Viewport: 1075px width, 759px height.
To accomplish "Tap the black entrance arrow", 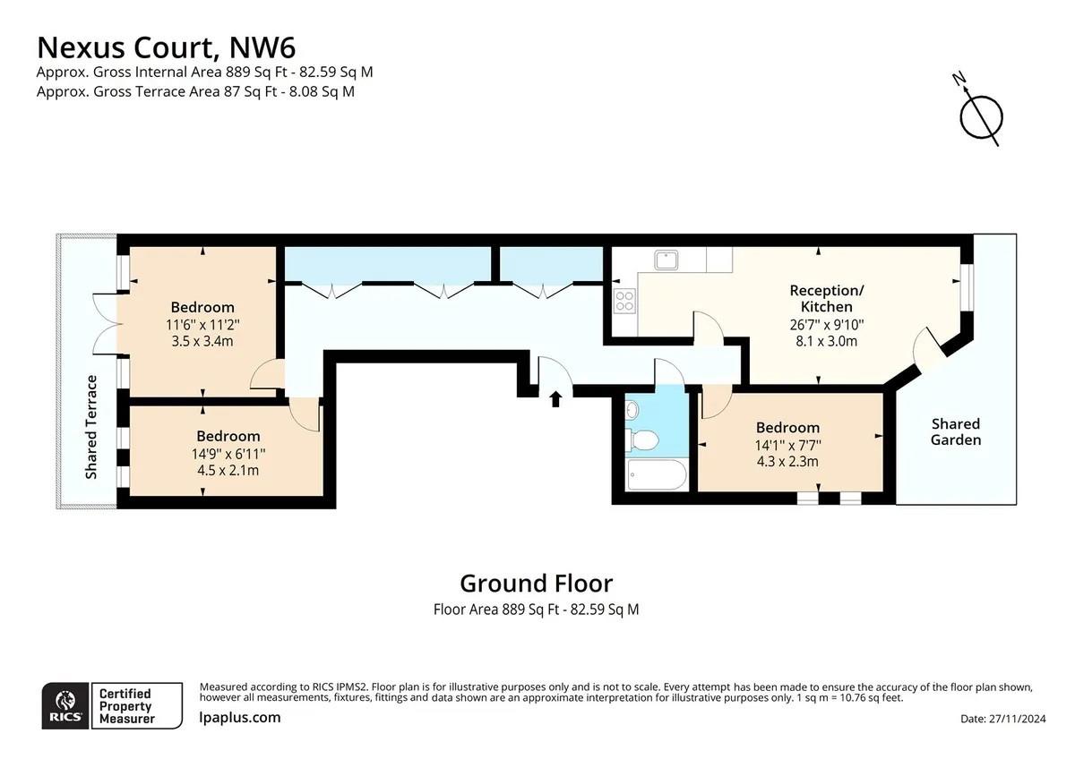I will coord(555,398).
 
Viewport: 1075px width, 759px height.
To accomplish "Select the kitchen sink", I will coord(667,260).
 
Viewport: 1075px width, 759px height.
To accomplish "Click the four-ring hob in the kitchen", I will coord(624,301).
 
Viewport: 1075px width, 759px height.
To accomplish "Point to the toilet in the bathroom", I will coord(642,439).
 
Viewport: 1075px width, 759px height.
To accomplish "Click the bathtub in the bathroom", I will coord(656,475).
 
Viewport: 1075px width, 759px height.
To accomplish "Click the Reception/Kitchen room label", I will coord(826,299).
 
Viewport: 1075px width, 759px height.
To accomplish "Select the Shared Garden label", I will coord(955,431).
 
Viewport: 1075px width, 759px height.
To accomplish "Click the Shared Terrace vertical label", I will coord(90,427).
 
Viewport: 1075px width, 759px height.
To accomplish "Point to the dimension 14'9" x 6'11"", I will coord(228,453).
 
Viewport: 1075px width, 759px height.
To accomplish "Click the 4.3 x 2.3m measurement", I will coord(787,462).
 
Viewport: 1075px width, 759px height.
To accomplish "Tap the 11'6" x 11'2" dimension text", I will coord(202,324).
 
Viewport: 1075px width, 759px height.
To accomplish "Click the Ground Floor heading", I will coord(536,584).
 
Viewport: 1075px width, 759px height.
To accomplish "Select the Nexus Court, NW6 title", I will coord(165,46).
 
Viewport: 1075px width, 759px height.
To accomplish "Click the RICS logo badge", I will coord(65,706).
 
